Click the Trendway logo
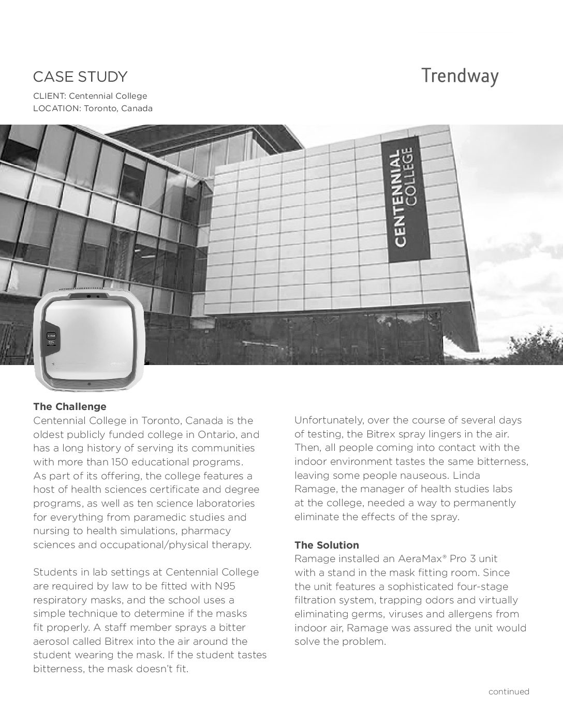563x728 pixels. point(460,76)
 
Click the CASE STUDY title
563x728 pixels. point(80,77)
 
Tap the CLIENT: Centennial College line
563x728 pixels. point(90,96)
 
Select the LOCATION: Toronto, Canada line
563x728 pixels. point(93,109)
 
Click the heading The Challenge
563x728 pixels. point(70,407)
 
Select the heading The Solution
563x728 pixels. point(327,545)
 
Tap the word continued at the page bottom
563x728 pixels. point(509,691)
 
